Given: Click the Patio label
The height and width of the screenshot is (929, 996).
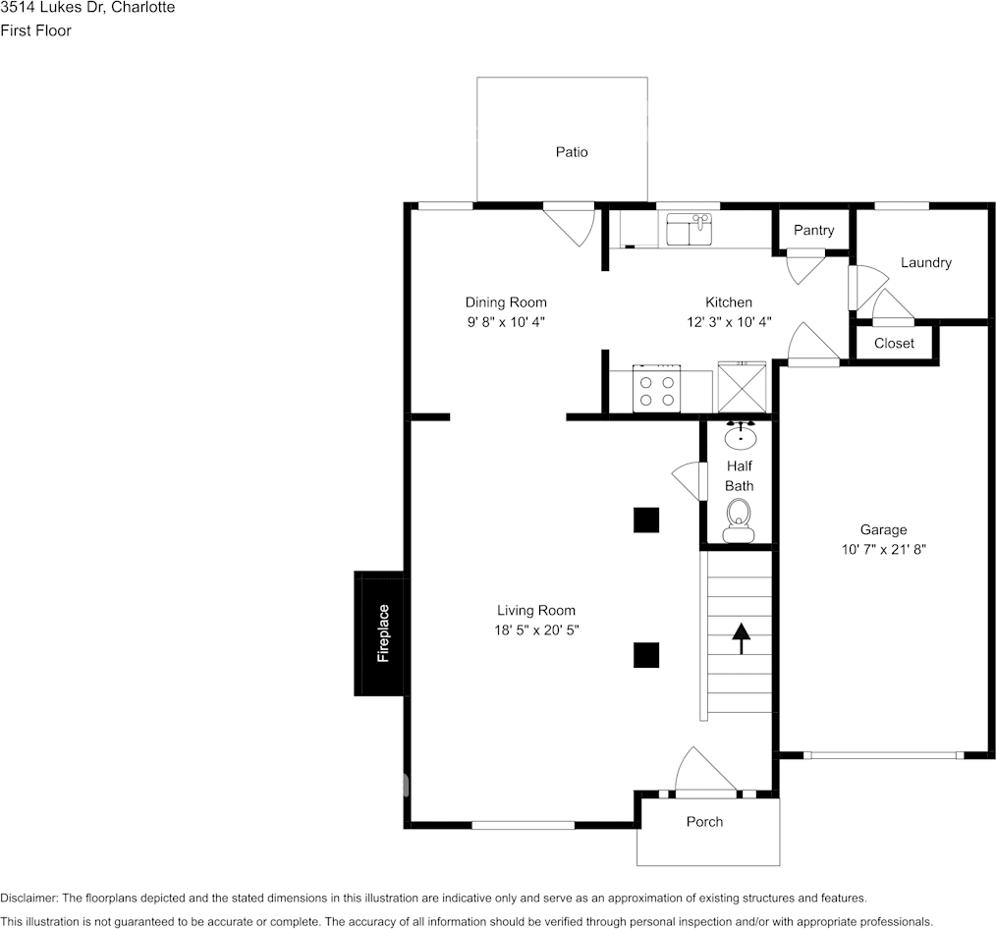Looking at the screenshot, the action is click(572, 152).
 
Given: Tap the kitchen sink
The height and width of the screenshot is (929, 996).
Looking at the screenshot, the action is click(690, 229).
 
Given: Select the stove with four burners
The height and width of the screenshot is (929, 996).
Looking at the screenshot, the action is click(657, 388).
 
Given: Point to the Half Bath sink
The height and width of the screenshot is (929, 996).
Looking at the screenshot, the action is click(740, 435).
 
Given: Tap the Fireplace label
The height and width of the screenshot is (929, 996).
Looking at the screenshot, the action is click(383, 633).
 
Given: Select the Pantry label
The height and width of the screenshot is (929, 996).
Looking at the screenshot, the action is click(813, 231).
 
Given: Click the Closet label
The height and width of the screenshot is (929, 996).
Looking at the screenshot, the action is click(895, 344).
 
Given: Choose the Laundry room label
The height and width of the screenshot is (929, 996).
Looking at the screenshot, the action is click(926, 263).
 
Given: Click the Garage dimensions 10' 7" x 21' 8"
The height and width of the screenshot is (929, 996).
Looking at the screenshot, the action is click(884, 550).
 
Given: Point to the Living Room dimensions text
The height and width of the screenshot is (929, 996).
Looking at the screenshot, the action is click(536, 630).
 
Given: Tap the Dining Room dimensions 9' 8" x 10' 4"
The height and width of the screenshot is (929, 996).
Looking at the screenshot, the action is click(506, 322).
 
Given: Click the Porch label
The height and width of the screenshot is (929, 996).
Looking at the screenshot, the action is click(704, 822).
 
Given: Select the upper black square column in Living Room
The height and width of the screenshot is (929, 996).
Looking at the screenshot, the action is click(646, 520).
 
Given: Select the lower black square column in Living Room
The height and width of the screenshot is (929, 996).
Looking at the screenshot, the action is click(646, 655).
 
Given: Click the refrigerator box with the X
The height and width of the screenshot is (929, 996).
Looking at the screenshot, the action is click(742, 387).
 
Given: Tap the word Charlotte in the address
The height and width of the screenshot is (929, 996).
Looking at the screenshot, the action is click(143, 8).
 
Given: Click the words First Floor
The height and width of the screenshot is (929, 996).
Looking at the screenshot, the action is click(35, 30).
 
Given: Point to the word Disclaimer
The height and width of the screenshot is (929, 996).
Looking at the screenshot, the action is click(29, 899).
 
